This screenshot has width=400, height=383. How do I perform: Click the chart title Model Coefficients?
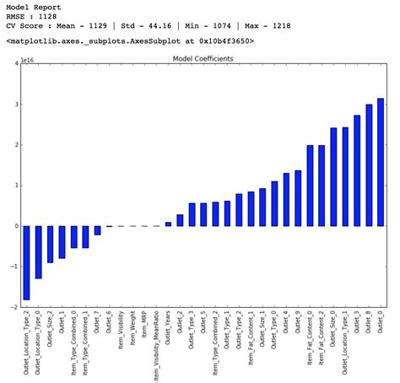tap(203, 59)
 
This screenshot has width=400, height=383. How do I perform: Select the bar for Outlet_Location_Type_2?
tap(26, 262)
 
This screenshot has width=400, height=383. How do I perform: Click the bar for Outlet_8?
tap(369, 165)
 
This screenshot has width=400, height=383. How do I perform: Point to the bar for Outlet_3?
tap(357, 170)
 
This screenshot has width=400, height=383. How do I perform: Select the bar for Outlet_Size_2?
tap(50, 244)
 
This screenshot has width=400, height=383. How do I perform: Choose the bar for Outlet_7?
tap(97, 230)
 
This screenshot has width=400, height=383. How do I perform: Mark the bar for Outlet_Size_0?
tap(333, 177)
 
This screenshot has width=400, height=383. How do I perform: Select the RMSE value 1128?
tap(51, 18)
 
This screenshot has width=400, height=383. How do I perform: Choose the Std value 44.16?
tap(151, 29)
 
